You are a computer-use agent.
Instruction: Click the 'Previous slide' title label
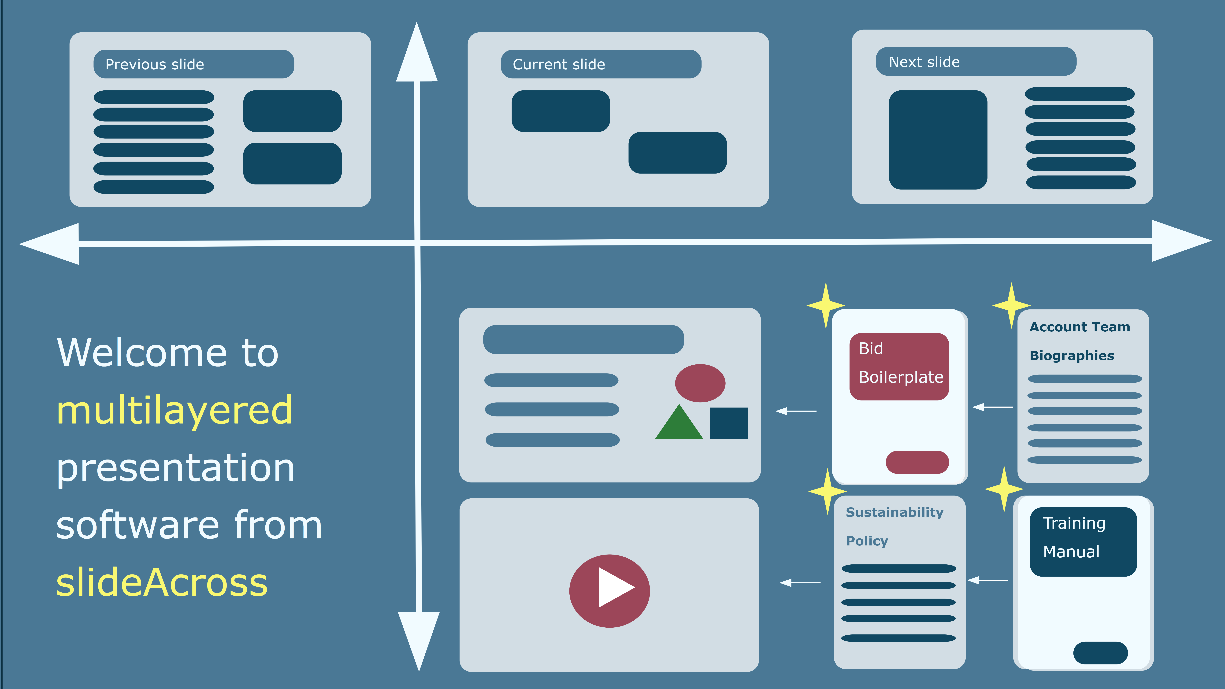click(x=155, y=64)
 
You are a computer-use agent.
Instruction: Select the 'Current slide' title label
click(x=559, y=64)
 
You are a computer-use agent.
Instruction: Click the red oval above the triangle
click(x=700, y=383)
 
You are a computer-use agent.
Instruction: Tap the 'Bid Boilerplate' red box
click(x=899, y=366)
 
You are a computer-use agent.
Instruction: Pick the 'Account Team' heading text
click(x=1080, y=327)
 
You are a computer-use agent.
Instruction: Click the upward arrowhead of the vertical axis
click(x=417, y=55)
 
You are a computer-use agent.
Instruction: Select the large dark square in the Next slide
click(x=938, y=140)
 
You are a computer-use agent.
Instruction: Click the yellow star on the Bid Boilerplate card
click(x=826, y=305)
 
